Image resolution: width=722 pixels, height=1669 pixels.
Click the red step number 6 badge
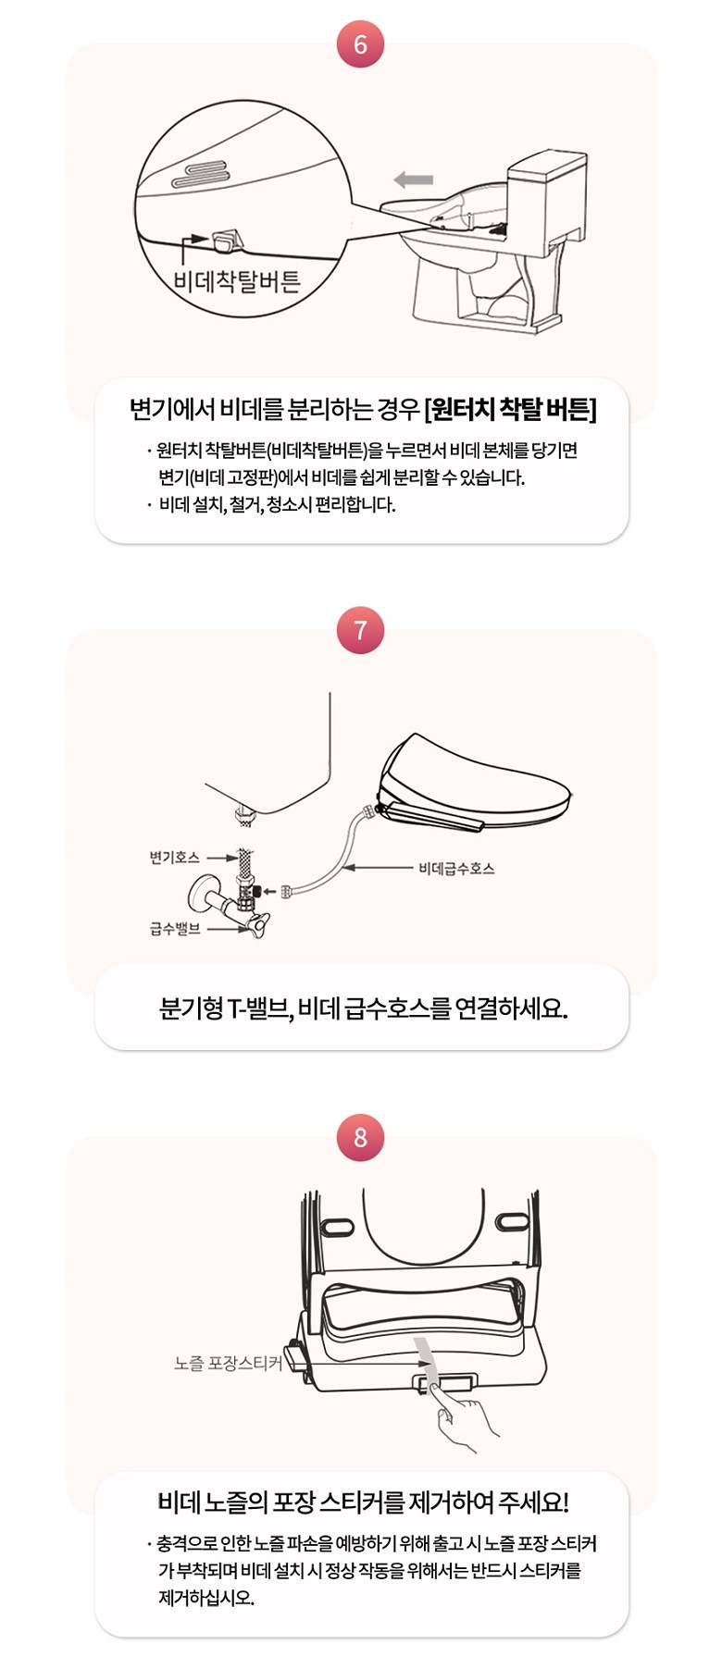360,43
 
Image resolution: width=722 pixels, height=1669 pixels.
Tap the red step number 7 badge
360,631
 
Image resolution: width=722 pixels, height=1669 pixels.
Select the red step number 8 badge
360,1137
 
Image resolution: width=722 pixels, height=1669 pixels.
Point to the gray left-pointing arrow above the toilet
413,179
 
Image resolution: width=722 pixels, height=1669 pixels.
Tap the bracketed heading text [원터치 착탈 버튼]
510,409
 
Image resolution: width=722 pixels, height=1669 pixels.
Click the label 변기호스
174,858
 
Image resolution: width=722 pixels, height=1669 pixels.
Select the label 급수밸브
175,928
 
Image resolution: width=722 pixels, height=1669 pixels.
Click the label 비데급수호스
456,868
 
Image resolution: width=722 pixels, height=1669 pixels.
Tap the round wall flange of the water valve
201,895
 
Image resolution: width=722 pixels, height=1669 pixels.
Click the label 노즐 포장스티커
228,1363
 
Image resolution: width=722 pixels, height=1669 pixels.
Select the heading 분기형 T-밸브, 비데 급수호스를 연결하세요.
363,1008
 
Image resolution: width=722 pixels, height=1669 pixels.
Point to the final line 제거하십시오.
205,1598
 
